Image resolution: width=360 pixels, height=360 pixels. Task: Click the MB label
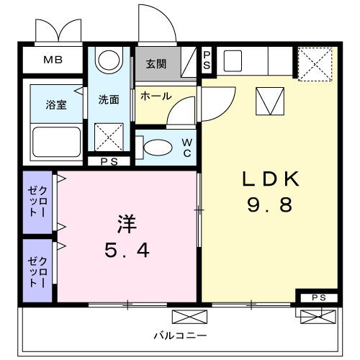[53, 60]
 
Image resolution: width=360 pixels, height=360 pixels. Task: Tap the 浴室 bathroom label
[57, 104]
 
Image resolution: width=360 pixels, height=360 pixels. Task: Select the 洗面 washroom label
[109, 100]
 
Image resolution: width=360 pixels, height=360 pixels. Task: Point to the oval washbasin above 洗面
[109, 60]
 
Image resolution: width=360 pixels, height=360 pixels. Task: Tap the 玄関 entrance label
[156, 63]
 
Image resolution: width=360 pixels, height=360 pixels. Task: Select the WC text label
[185, 147]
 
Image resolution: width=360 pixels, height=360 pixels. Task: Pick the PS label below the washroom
[109, 161]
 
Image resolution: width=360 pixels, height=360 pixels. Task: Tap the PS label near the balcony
[318, 297]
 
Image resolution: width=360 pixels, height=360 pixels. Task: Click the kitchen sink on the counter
[232, 60]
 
